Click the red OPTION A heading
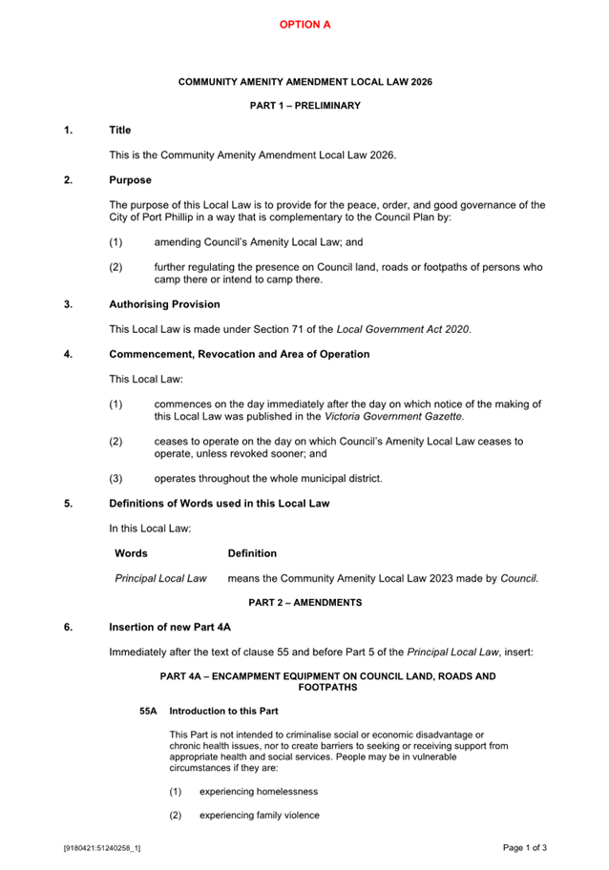point(304,24)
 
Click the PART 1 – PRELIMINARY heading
point(304,106)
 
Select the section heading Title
point(120,130)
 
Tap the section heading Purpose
point(130,179)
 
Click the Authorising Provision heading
point(164,304)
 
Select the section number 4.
point(68,354)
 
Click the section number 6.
point(68,627)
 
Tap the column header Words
point(131,553)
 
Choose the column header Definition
point(252,553)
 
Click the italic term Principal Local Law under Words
point(160,578)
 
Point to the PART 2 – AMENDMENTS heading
point(304,603)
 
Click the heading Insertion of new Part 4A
point(170,627)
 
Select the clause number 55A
point(148,711)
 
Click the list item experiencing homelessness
point(258,792)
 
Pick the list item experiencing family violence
point(259,816)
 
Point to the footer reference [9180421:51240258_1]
point(102,847)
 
